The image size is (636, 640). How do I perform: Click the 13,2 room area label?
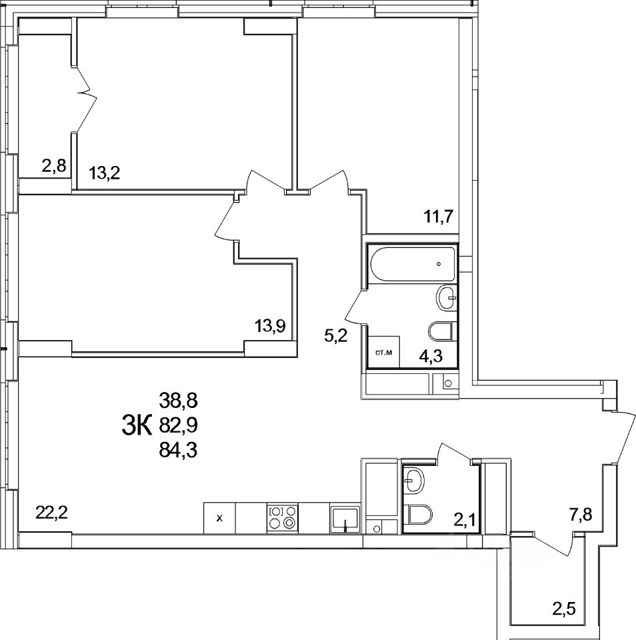(105, 175)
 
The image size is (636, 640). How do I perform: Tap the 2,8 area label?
(54, 166)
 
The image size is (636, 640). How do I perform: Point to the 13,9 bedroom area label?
(271, 326)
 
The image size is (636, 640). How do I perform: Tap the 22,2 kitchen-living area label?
(51, 513)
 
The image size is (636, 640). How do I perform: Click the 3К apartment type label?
(138, 424)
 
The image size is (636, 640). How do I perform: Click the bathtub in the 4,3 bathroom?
(411, 265)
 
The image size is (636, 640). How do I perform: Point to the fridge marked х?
(219, 518)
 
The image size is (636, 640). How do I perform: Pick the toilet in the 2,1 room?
(419, 515)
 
